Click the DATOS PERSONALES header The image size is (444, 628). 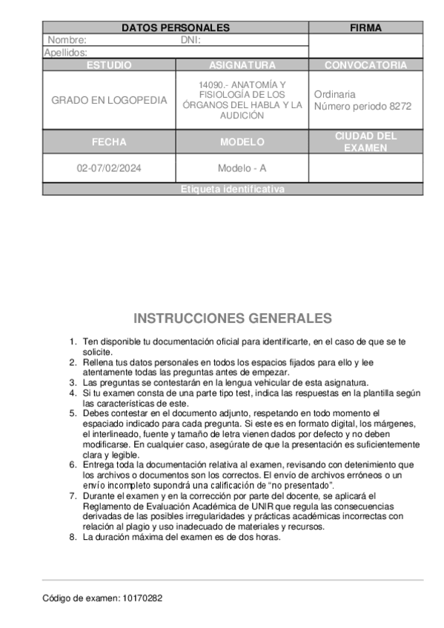pyautogui.click(x=175, y=28)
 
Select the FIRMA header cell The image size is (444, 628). pyautogui.click(x=365, y=28)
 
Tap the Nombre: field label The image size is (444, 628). pyautogui.click(x=67, y=40)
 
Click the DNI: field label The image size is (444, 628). pyautogui.click(x=191, y=40)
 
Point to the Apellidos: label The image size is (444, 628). pyautogui.click(x=66, y=53)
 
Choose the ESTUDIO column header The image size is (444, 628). pyautogui.click(x=109, y=65)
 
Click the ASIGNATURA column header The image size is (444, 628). pyautogui.click(x=242, y=65)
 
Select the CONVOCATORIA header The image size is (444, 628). pyautogui.click(x=365, y=65)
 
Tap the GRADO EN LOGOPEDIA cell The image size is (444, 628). pyautogui.click(x=109, y=101)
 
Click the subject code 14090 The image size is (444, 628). pyautogui.click(x=212, y=85)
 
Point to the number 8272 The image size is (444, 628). pyautogui.click(x=399, y=107)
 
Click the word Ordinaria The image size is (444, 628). pyautogui.click(x=334, y=95)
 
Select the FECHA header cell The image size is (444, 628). pyautogui.click(x=109, y=142)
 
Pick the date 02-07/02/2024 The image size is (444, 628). pyautogui.click(x=109, y=168)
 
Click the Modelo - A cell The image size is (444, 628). pyautogui.click(x=242, y=168)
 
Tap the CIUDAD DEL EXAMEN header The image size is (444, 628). pyautogui.click(x=365, y=142)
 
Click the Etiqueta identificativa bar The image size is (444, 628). pyautogui.click(x=232, y=190)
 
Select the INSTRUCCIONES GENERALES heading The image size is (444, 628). pyautogui.click(x=232, y=318)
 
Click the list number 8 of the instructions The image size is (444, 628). pyautogui.click(x=73, y=538)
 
